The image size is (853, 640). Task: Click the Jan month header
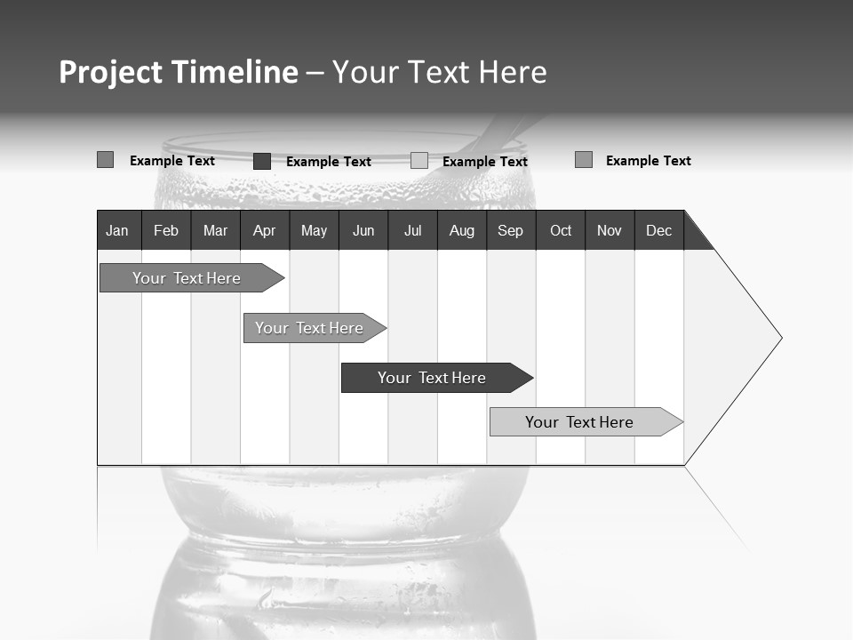[x=117, y=230]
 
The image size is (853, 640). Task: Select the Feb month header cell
[x=166, y=230]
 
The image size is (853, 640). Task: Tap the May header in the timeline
[x=314, y=230]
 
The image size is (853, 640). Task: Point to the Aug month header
[x=461, y=230]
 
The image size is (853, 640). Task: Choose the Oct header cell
[x=561, y=230]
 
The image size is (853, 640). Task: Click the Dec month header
[x=658, y=230]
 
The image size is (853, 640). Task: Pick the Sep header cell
[x=510, y=230]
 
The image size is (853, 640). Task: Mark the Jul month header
[x=412, y=230]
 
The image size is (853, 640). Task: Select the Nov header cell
[x=610, y=230]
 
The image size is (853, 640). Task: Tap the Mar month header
[x=215, y=230]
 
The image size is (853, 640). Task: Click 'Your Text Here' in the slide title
[x=439, y=72]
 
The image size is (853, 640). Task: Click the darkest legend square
[x=262, y=161]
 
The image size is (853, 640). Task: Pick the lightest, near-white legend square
[x=419, y=161]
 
